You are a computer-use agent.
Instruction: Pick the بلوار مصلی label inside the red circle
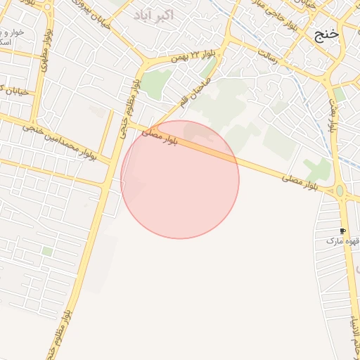(x=161, y=137)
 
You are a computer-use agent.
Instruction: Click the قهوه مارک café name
(x=342, y=241)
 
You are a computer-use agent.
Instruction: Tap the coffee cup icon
(x=342, y=231)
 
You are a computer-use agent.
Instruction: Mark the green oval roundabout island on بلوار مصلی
(x=340, y=191)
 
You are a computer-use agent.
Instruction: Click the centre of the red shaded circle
(x=180, y=179)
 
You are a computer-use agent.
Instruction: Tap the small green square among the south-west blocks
(x=47, y=251)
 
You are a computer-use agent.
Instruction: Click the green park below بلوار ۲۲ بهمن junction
(x=156, y=83)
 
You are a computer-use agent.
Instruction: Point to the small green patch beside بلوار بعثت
(x=339, y=94)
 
